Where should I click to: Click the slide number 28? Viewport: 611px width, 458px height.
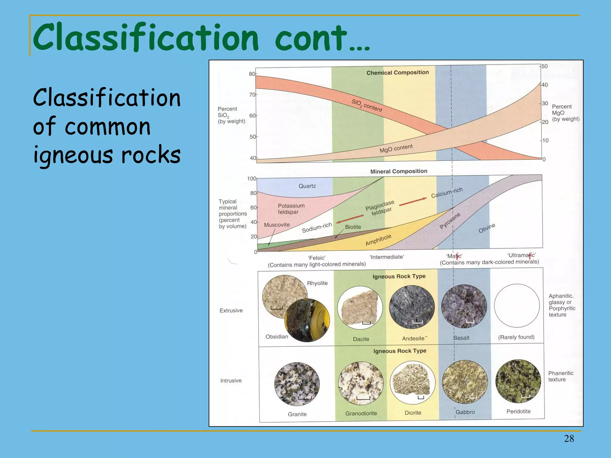pyautogui.click(x=569, y=438)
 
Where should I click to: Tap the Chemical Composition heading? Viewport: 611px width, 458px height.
pyautogui.click(x=397, y=72)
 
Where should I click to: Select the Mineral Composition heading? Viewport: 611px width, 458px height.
pyautogui.click(x=399, y=171)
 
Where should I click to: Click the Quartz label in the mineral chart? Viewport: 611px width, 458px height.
pyautogui.click(x=307, y=186)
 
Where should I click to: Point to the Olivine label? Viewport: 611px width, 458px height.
pyautogui.click(x=487, y=228)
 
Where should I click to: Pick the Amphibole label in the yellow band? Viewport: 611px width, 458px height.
pyautogui.click(x=378, y=240)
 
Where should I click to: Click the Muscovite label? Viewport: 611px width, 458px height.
pyautogui.click(x=277, y=225)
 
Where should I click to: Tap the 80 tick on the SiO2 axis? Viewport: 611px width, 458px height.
pyautogui.click(x=252, y=74)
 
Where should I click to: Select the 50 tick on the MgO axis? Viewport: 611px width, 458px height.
pyautogui.click(x=544, y=66)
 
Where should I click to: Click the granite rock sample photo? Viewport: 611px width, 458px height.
pyautogui.click(x=297, y=384)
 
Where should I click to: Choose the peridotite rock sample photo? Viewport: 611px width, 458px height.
pyautogui.click(x=518, y=381)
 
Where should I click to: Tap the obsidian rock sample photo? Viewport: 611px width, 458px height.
pyautogui.click(x=307, y=320)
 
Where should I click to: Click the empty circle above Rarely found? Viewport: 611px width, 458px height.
pyautogui.click(x=517, y=306)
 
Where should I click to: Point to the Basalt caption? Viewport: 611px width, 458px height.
pyautogui.click(x=461, y=338)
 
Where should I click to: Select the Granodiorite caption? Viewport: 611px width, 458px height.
pyautogui.click(x=361, y=413)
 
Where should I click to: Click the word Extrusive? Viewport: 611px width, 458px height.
pyautogui.click(x=231, y=310)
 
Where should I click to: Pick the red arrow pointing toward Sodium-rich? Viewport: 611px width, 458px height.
pyautogui.click(x=350, y=219)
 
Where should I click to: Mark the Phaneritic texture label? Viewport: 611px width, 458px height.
pyautogui.click(x=561, y=376)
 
